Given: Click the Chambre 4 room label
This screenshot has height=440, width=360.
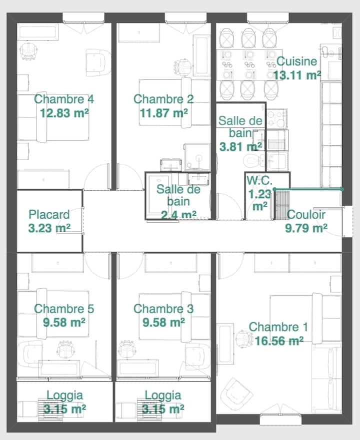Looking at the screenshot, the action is point(64,99).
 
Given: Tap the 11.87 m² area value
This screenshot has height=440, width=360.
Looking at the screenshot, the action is point(164,113).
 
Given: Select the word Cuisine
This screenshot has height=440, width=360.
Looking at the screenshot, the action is point(296,61).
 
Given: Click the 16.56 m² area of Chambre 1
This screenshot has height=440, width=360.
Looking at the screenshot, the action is point(279,341).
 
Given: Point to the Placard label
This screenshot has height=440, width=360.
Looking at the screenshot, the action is point(49,215).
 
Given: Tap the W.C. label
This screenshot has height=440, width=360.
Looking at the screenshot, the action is point(259,180).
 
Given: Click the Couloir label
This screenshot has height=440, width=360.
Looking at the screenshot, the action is point(306,215).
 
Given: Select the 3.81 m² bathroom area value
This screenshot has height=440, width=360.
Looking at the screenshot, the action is point(240,146).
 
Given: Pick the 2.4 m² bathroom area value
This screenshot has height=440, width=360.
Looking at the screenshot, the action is point(178,215).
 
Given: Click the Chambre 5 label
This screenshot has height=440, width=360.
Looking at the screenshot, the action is point(64,309).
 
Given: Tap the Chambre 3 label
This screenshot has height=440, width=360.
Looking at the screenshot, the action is point(163,309).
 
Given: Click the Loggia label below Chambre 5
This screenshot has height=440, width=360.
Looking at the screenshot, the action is point(64,396).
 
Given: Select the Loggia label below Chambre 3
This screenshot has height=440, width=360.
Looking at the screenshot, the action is point(163,396).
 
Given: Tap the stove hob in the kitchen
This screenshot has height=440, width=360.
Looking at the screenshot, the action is point(276,119).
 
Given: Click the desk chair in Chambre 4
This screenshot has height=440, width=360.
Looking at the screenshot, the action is point(28,51).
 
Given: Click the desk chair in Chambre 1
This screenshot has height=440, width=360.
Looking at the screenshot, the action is point(242,339).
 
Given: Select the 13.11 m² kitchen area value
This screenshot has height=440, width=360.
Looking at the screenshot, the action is point(297,75).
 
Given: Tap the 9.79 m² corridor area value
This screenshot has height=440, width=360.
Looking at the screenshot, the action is point(306,228).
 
